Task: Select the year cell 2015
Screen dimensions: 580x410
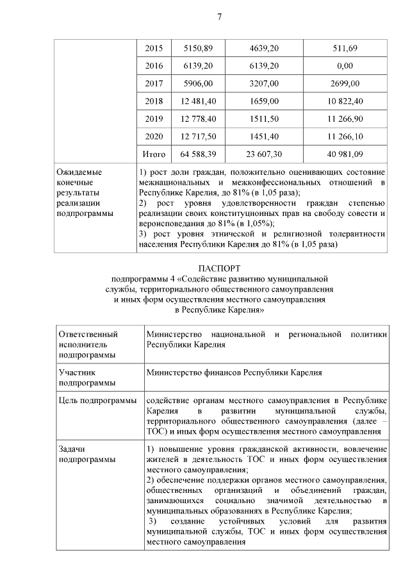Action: [154, 49]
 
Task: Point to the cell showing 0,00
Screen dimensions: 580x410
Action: [345, 66]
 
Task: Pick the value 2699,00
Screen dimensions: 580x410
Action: [345, 83]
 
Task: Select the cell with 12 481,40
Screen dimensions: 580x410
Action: [199, 101]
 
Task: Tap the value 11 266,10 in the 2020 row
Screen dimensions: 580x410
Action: [345, 137]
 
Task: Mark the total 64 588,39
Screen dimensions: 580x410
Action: [199, 154]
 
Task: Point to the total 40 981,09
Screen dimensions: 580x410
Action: [345, 154]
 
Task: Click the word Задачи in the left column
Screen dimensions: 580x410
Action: [71, 449]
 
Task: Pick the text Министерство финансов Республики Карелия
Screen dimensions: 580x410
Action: [234, 372]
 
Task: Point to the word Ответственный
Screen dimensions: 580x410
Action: [88, 334]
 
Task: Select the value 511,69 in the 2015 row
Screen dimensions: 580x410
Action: [345, 49]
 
